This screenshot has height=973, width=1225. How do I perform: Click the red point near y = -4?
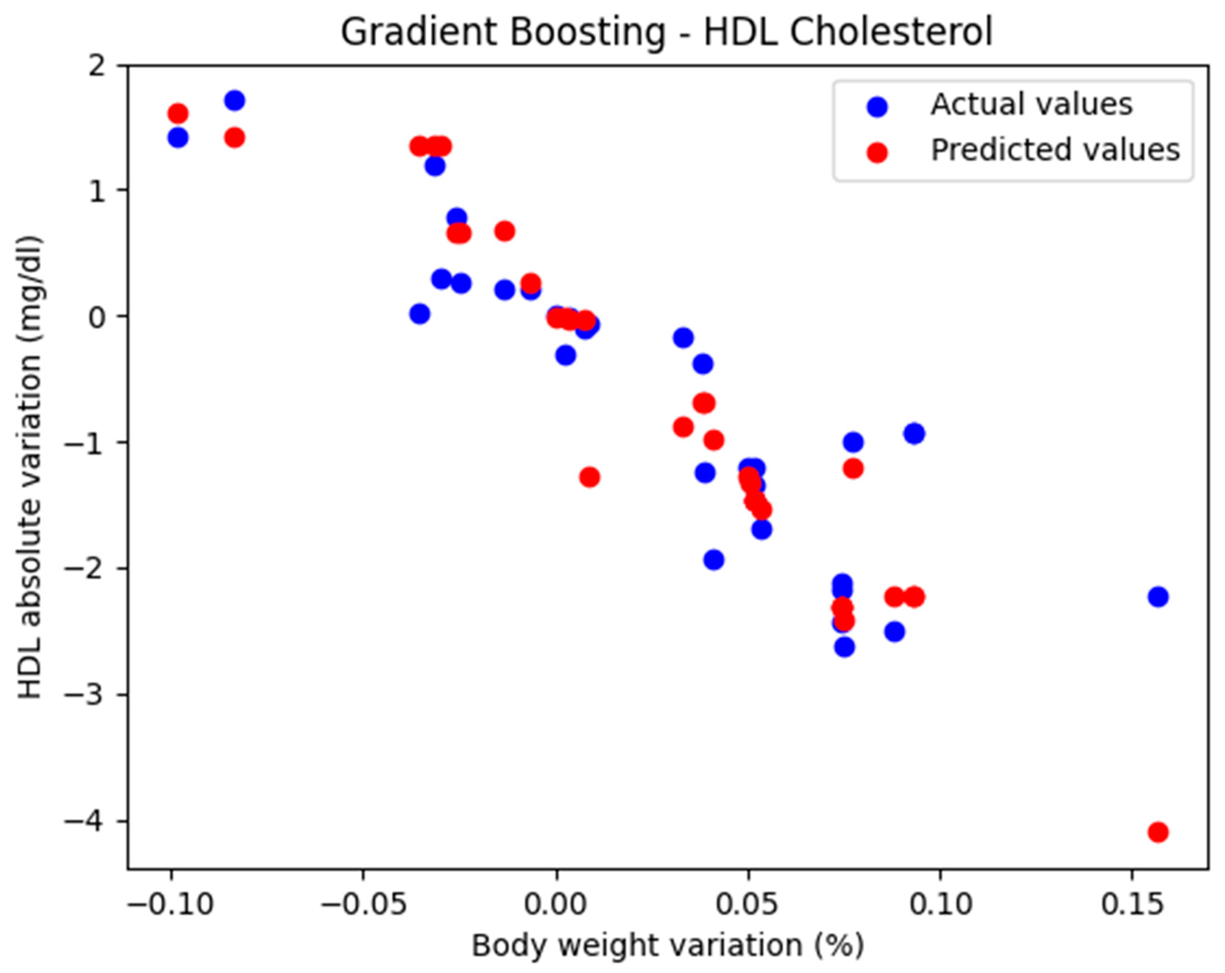(1158, 832)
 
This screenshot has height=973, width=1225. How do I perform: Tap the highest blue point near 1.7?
(234, 101)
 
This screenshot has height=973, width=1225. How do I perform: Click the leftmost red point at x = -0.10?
(178, 114)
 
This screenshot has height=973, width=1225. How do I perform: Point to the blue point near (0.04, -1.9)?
(714, 560)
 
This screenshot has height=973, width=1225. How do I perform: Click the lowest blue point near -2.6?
(844, 647)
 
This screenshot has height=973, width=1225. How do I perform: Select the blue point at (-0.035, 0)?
(419, 314)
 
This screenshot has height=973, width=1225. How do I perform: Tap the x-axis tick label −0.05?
(364, 904)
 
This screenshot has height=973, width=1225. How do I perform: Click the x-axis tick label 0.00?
(556, 904)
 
